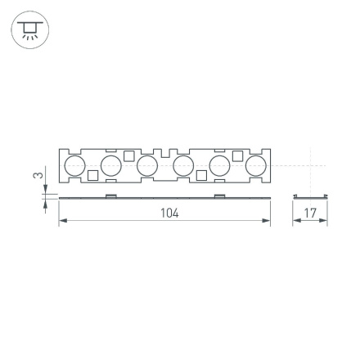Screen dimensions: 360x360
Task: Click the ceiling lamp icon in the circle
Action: pos(29,30)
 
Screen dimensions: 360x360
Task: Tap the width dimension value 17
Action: pos(310,213)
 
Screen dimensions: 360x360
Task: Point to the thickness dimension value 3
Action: pos(36,176)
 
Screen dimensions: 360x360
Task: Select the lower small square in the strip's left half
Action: pos(93,175)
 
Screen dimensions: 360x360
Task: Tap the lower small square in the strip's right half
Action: pos(200,175)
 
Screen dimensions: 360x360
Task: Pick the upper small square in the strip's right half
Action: pos(236,155)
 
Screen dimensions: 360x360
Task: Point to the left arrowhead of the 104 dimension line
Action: pos(61,219)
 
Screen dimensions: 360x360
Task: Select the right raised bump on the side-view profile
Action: pos(218,196)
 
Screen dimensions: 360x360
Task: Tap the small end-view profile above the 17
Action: pos(310,196)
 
